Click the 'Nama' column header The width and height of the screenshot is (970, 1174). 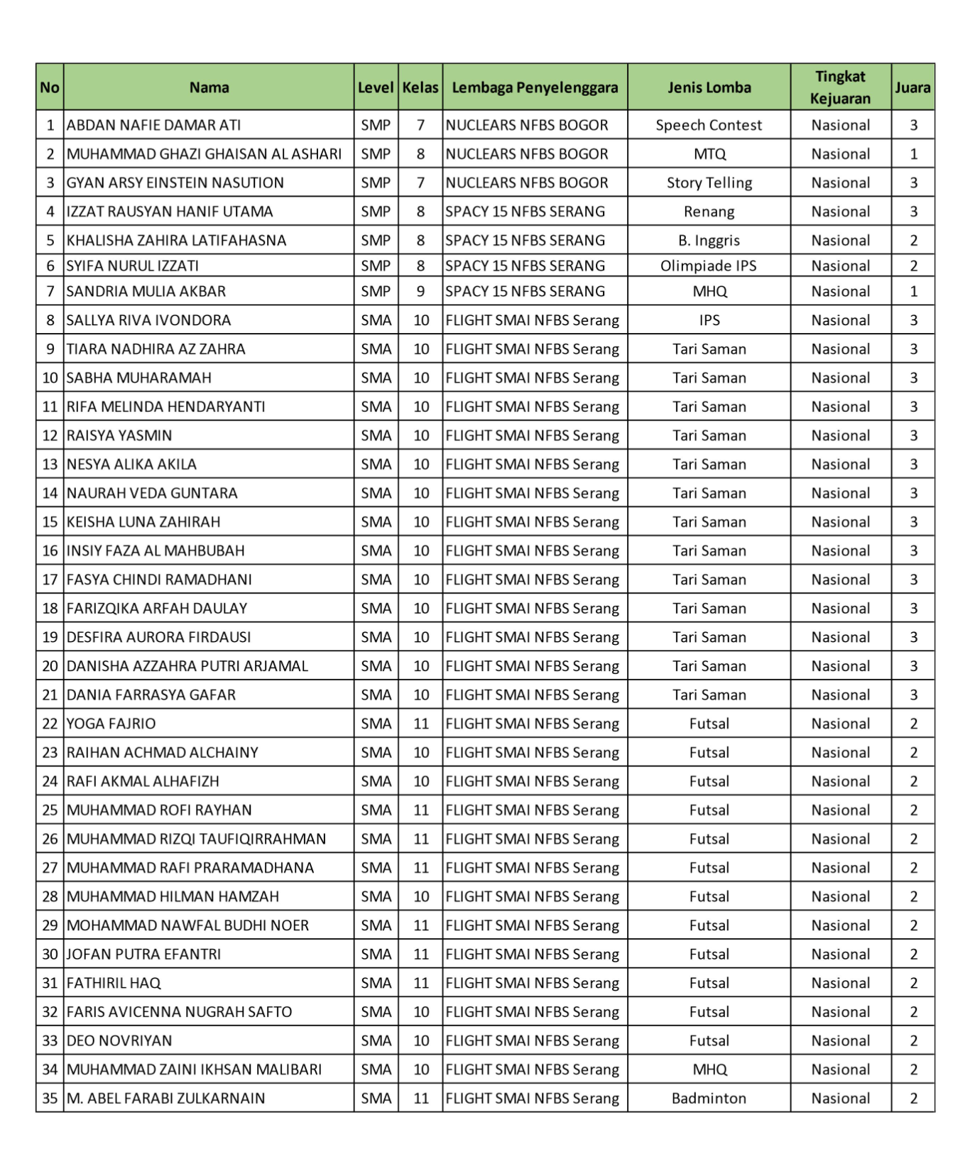(209, 87)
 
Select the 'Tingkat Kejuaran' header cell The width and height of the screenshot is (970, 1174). (840, 87)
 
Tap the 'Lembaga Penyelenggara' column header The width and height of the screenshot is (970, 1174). (535, 87)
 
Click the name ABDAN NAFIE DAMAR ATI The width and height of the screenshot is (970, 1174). (153, 125)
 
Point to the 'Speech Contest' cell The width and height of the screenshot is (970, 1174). (709, 125)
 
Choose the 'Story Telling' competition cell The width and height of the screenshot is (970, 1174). (709, 183)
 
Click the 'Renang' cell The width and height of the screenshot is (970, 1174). (709, 212)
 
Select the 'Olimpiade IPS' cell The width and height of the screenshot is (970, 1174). (709, 266)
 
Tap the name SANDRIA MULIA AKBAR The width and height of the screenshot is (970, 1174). (146, 291)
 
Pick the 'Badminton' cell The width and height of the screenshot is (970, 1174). (709, 1098)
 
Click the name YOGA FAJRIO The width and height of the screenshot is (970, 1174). (111, 724)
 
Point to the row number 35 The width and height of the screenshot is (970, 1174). (50, 1098)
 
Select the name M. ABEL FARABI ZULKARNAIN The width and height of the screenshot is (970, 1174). (165, 1098)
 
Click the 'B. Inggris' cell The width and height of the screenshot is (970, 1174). (709, 240)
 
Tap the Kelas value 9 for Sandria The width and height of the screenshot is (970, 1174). (420, 291)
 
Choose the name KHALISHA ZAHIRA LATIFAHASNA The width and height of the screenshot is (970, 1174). (176, 240)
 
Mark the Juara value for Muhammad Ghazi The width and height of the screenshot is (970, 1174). (913, 154)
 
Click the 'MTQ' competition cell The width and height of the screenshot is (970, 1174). (709, 154)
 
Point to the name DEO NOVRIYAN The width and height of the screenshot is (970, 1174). (119, 1040)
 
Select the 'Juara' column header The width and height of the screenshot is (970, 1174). (912, 87)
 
